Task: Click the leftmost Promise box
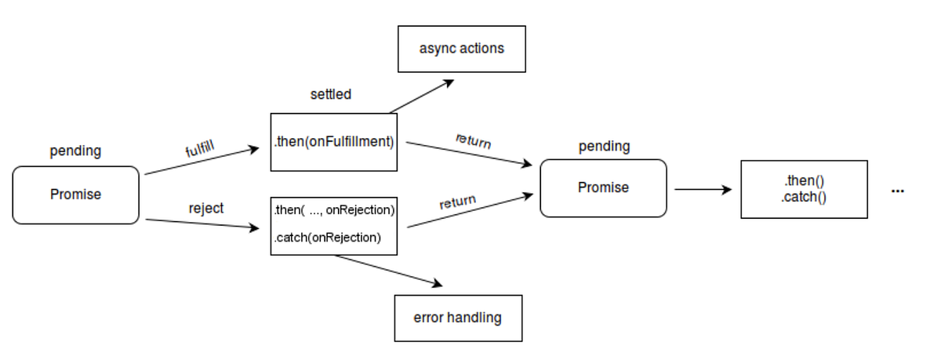[x=76, y=195]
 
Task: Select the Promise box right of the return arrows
[x=603, y=188]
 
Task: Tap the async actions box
[x=461, y=49]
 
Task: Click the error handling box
[x=458, y=318]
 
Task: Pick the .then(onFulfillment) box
[x=334, y=142]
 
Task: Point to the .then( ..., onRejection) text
[x=334, y=210]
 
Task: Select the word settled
[x=331, y=94]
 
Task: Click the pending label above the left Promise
[x=75, y=151]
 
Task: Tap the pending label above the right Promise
[x=604, y=146]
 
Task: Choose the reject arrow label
[x=205, y=208]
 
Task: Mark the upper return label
[x=473, y=141]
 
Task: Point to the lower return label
[x=457, y=202]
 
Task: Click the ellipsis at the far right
[x=898, y=191]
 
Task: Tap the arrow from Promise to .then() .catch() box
[x=703, y=189]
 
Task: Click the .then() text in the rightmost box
[x=804, y=181]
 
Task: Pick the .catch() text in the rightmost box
[x=804, y=198]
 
